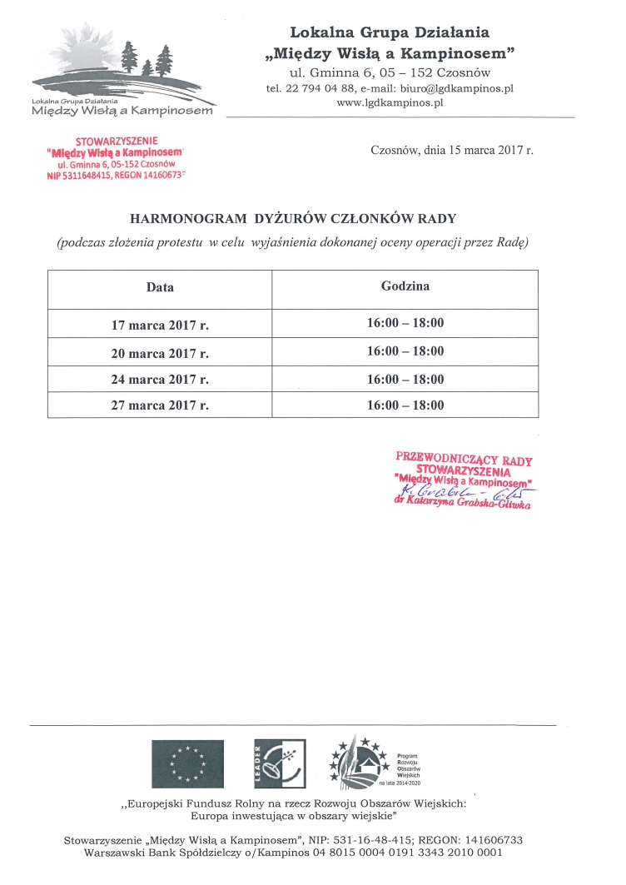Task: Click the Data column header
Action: point(160,287)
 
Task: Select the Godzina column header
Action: point(405,286)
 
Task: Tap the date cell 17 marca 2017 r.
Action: point(160,325)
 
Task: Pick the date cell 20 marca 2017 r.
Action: point(160,353)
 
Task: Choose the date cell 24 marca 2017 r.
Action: point(160,380)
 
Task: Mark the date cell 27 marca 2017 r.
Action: point(160,405)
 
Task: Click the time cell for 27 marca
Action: point(405,405)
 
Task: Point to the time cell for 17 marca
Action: point(405,323)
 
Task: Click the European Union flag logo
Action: point(186,763)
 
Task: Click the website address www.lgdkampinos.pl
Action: point(390,102)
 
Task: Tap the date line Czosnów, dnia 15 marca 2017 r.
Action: point(451,151)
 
